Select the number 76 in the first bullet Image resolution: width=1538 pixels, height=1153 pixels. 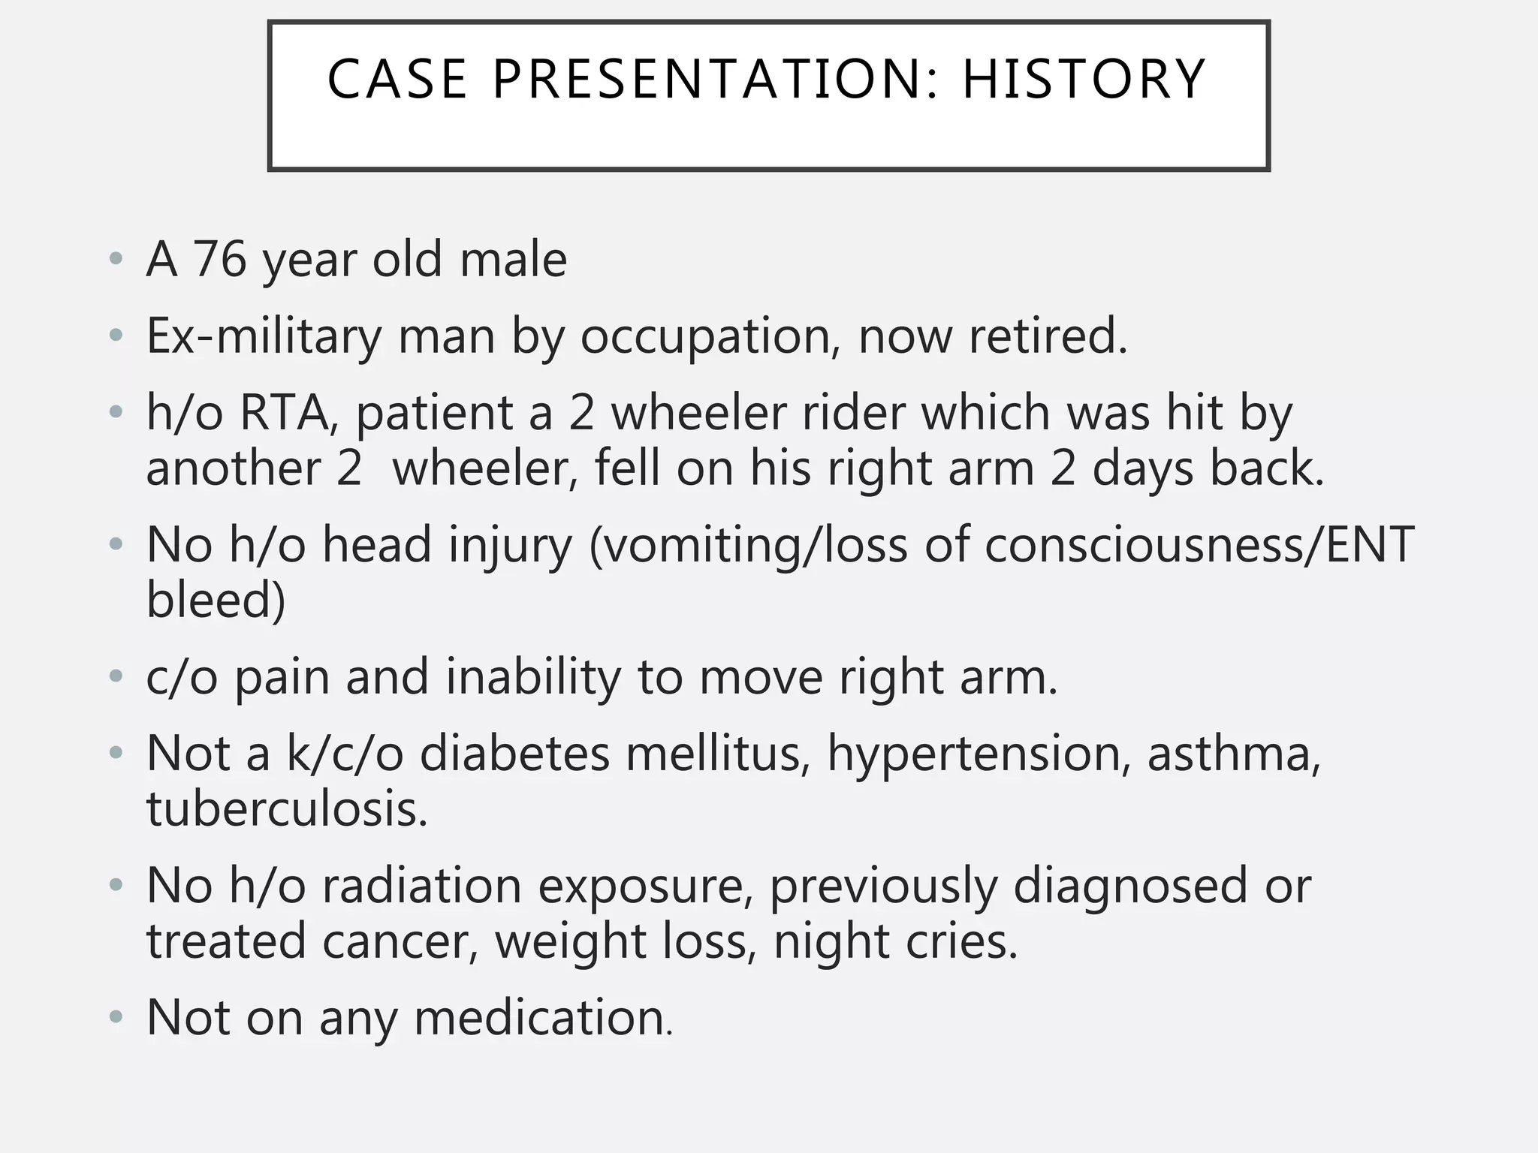click(x=219, y=260)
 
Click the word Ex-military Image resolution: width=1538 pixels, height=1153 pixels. click(x=264, y=336)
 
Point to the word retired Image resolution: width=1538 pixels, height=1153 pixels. click(x=1048, y=336)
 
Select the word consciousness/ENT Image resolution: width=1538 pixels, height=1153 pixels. click(x=1199, y=546)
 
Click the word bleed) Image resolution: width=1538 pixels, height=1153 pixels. click(x=216, y=600)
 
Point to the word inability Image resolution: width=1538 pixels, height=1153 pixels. click(x=533, y=677)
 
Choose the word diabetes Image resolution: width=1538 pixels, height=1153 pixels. click(x=514, y=754)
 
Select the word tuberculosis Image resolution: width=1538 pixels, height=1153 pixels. click(x=287, y=809)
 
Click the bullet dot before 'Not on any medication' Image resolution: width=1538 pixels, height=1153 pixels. click(x=115, y=1019)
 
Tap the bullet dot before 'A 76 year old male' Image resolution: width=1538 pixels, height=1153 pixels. click(x=115, y=260)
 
